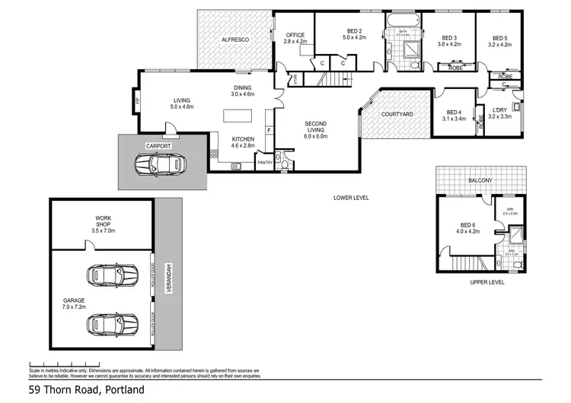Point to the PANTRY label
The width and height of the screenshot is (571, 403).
[x=265, y=162]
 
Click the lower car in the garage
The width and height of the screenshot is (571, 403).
[x=112, y=325]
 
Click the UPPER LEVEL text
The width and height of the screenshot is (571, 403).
[x=487, y=281]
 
